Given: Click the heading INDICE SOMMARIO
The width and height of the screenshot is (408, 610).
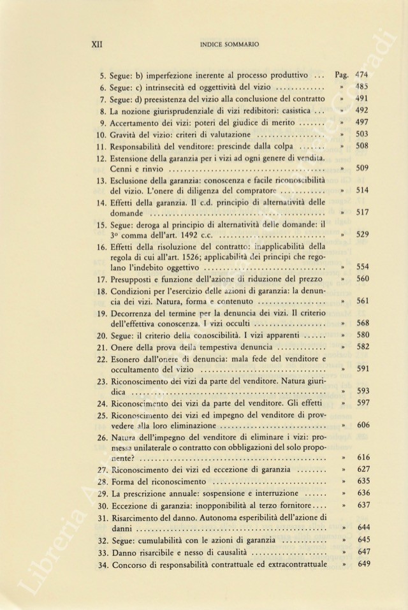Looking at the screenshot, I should tap(229, 45).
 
